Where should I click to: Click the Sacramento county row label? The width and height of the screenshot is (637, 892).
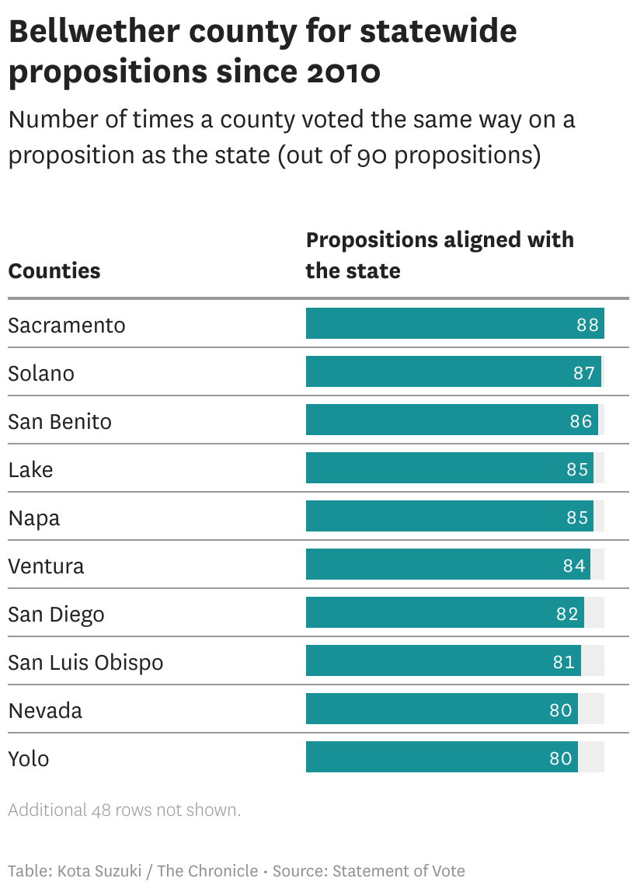coord(67,325)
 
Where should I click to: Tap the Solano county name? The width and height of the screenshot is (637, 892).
coord(41,373)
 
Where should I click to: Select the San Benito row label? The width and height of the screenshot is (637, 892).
coord(60,421)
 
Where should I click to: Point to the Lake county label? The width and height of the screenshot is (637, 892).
coord(30,469)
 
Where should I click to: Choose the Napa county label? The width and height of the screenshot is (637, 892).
coord(34,517)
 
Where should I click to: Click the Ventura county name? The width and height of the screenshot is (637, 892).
coord(46,566)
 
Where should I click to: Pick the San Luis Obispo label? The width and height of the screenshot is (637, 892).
coord(85,662)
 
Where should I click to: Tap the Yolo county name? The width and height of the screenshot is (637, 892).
coord(29,758)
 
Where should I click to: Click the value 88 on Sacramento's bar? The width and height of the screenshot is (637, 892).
coord(588,325)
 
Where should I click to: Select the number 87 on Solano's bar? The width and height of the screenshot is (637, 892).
coord(584,373)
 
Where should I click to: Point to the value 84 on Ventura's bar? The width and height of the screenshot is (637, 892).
coord(574,566)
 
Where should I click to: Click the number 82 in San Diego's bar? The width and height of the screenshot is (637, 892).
coord(568,614)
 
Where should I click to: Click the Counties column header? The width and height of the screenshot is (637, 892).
coord(54,271)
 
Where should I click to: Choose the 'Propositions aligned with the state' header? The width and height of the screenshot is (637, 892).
coord(439,255)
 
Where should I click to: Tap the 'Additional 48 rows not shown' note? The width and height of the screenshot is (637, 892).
coord(124,810)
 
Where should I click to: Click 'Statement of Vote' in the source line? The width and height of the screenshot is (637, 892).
coord(399,871)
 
